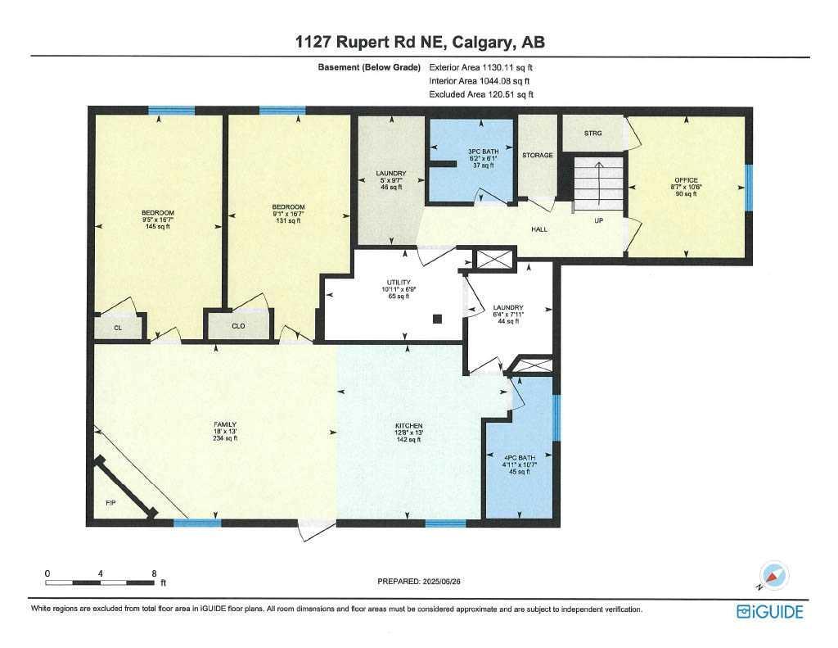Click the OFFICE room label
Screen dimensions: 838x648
[x=687, y=180]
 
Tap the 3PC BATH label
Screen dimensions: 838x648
[x=483, y=152]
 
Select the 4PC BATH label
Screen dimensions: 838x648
[x=520, y=458]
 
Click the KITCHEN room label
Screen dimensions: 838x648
[x=409, y=426]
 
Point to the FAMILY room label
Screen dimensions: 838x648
[x=225, y=425]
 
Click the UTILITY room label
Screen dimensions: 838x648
[x=399, y=283]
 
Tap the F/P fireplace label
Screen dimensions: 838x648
[x=110, y=503]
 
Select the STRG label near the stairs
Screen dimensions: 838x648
[x=592, y=134]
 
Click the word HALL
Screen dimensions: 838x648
[x=539, y=229]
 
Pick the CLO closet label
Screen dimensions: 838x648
[x=238, y=326]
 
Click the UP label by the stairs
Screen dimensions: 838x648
[x=598, y=220]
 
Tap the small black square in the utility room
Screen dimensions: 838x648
[x=438, y=319]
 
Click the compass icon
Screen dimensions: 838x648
[x=773, y=576]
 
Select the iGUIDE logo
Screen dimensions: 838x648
[x=769, y=612]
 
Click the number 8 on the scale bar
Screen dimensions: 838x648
[x=154, y=573]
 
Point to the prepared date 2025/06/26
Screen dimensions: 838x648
[x=440, y=581]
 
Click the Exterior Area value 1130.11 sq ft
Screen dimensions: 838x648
[x=507, y=67]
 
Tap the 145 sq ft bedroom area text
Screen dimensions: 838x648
[x=158, y=226]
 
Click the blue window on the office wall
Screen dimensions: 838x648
[x=749, y=188]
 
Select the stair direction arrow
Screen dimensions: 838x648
[x=598, y=184]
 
